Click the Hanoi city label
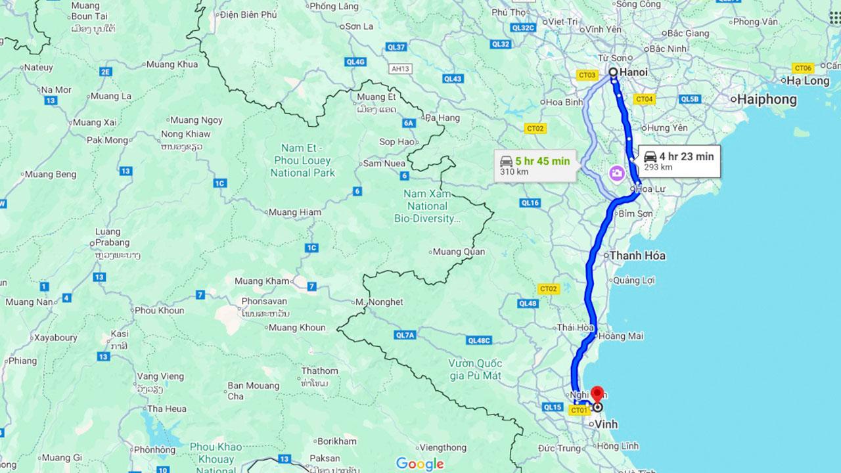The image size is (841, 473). [x=633, y=72]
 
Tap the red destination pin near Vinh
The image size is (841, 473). [x=597, y=395]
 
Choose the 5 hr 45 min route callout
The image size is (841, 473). [x=535, y=165]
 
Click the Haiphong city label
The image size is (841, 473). [x=767, y=100]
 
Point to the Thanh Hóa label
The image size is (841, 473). [x=637, y=256]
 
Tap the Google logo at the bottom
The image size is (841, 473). [x=420, y=464]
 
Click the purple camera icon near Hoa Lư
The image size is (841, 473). [x=617, y=174]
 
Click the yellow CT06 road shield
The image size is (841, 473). [x=803, y=68]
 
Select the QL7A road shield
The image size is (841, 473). [x=405, y=335]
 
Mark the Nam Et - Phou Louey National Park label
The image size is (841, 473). [x=302, y=161]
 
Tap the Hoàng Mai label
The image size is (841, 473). [x=621, y=336]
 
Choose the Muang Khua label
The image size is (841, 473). [x=171, y=64]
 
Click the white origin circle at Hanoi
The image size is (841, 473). [x=612, y=72]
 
